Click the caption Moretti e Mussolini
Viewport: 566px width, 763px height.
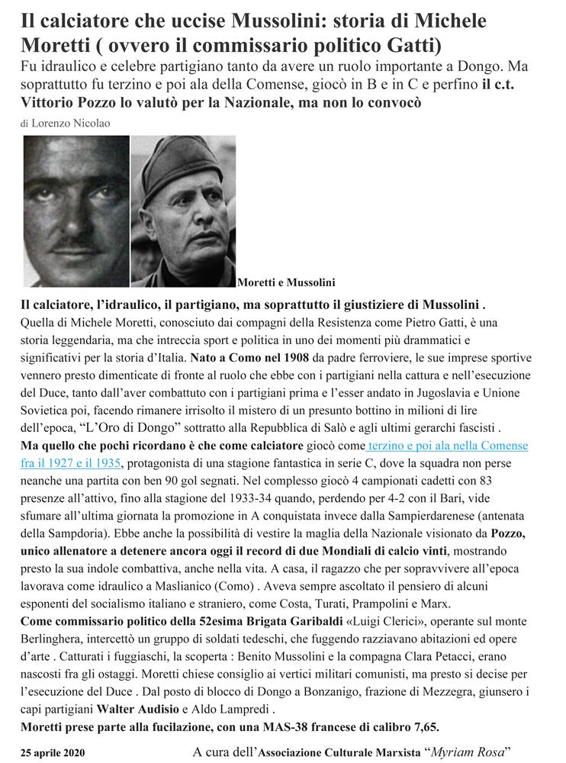coord(286,282)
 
